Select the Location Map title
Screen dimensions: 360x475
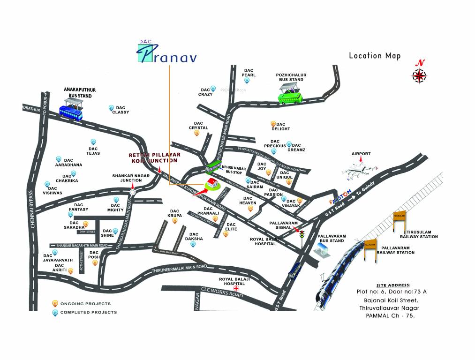click(x=375, y=56)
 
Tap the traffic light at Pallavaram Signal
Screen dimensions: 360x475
click(x=302, y=234)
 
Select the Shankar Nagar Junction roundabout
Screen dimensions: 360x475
click(x=133, y=191)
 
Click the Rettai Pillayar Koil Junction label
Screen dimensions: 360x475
click(x=154, y=157)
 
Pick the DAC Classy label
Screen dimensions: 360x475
click(x=120, y=110)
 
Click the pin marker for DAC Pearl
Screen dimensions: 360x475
click(x=247, y=81)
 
